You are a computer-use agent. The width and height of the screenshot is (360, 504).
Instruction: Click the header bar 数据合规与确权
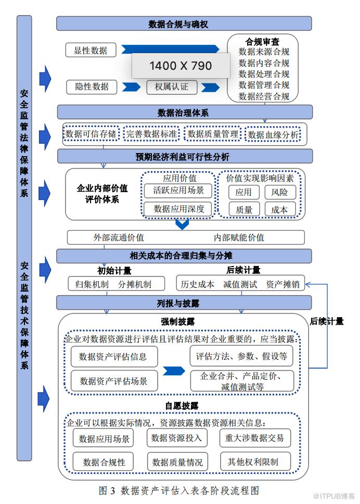(x=184, y=24)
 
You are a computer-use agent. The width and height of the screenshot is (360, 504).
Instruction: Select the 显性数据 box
(x=91, y=50)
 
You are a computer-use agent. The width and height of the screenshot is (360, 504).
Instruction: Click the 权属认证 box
(x=172, y=86)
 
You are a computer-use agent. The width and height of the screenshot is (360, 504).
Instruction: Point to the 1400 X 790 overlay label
(x=181, y=66)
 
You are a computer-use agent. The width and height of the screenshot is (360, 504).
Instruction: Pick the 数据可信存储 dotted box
(x=91, y=134)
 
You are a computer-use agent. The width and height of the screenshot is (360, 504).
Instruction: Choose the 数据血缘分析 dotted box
(x=274, y=135)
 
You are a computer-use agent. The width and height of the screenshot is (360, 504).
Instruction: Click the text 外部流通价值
(x=119, y=237)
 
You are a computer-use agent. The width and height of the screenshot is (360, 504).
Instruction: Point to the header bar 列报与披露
(x=184, y=303)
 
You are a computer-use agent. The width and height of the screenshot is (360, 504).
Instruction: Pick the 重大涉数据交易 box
(x=255, y=438)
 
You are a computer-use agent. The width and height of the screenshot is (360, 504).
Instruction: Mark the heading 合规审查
(x=262, y=41)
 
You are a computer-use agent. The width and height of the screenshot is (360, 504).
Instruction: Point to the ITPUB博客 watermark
(x=335, y=495)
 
